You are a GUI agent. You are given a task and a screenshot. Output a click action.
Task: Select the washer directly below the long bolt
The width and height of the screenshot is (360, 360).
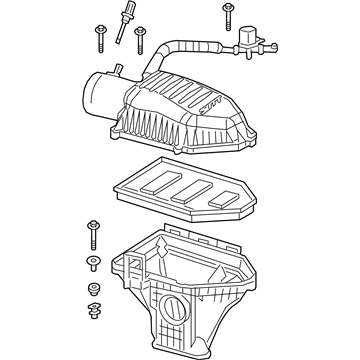tap(93, 263)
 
